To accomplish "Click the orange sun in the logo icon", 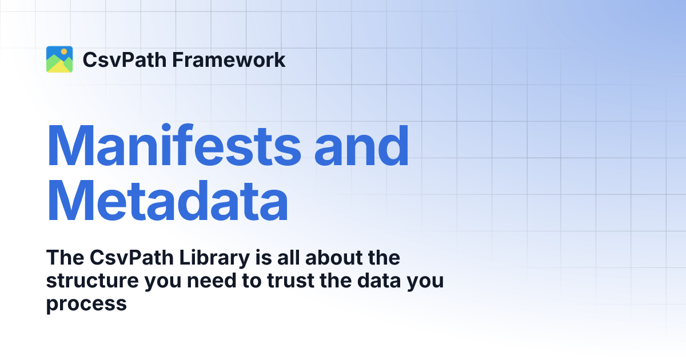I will [x=64, y=51].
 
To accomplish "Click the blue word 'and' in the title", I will [x=362, y=146].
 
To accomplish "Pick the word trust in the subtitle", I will [x=285, y=281].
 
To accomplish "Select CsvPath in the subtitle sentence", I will [x=134, y=258].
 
